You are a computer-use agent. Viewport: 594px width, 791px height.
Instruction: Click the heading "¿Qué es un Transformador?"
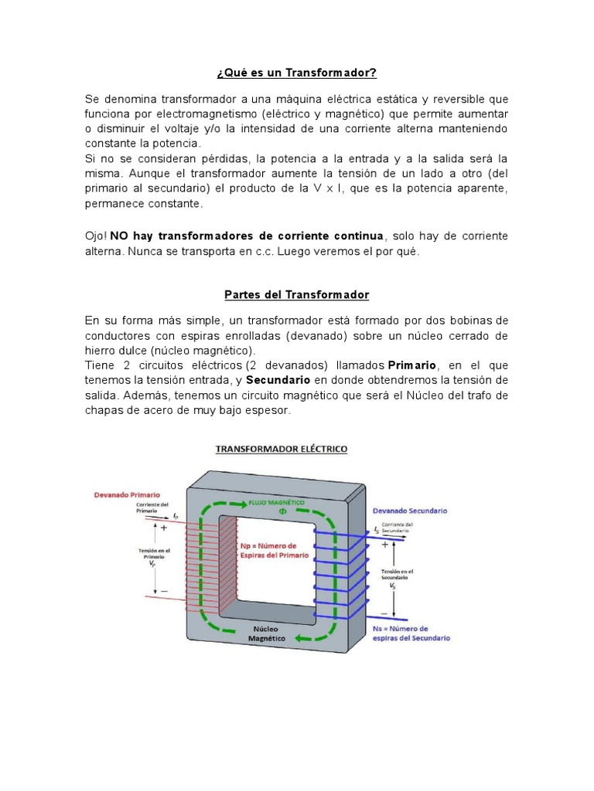(x=296, y=73)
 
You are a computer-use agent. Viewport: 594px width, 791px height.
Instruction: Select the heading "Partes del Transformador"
(x=296, y=295)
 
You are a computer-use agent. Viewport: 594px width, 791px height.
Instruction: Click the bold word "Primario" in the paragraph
(x=412, y=365)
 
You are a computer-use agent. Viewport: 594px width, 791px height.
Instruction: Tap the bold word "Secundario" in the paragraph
(x=278, y=380)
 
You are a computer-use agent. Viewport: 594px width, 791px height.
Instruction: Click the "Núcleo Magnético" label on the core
(x=267, y=634)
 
